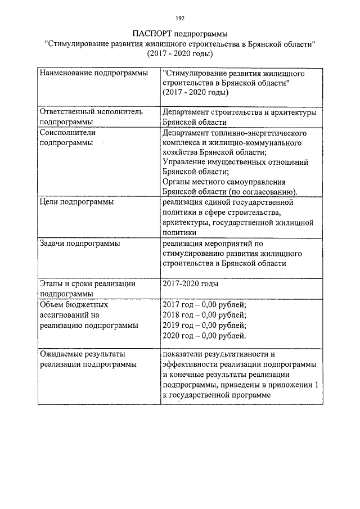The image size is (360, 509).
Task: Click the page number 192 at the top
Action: (x=179, y=18)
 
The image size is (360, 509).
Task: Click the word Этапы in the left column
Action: (x=52, y=284)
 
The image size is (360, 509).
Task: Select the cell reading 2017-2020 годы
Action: (x=190, y=284)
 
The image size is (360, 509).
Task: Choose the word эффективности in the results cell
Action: (x=190, y=364)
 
